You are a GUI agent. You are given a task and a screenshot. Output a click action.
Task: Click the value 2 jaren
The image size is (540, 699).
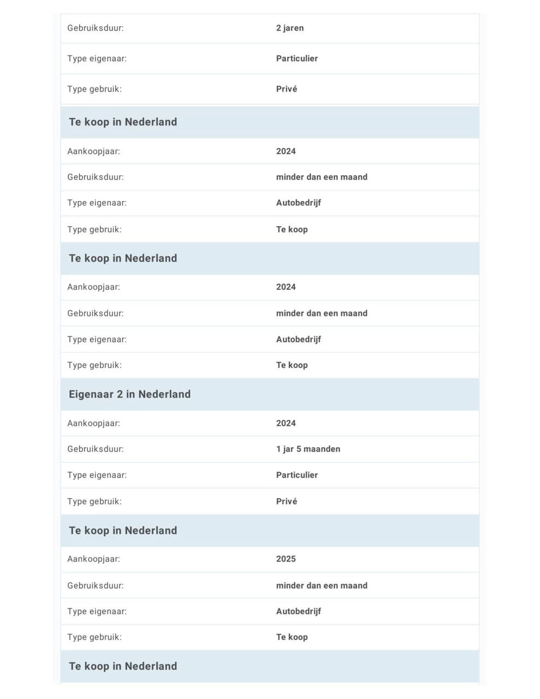[x=289, y=28]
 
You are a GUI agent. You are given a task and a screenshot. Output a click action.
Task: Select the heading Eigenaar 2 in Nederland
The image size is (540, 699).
[x=129, y=394]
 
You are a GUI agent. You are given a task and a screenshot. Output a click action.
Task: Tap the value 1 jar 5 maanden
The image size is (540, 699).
[x=308, y=449]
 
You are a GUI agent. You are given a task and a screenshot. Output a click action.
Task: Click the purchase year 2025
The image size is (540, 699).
[x=286, y=559]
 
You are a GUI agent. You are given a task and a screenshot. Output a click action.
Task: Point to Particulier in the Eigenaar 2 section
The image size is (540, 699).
[x=296, y=475]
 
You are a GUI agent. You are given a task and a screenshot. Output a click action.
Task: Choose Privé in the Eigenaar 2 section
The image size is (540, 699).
[x=286, y=501]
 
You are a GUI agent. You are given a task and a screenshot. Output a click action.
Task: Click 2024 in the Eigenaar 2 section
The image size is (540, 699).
[x=286, y=423]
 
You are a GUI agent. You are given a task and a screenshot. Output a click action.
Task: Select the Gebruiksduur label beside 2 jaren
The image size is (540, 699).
[x=96, y=28]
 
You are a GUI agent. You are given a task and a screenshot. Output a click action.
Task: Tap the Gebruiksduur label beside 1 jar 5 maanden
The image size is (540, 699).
[x=96, y=449]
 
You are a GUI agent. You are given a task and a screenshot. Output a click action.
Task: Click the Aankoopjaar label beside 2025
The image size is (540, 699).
[x=93, y=559]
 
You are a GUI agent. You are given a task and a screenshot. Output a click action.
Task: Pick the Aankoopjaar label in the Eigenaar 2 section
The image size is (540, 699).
[x=93, y=423]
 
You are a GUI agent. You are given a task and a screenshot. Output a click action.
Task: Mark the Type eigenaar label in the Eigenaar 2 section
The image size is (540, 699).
[x=97, y=475]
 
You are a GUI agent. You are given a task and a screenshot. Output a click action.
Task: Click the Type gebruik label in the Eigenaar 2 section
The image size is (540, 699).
[x=94, y=501]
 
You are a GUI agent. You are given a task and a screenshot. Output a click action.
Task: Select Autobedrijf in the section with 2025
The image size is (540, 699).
[x=298, y=611]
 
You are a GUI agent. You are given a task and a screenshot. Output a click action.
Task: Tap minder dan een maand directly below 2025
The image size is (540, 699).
[x=322, y=585]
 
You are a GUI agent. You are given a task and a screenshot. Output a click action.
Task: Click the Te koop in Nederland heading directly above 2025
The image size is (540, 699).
[x=123, y=530]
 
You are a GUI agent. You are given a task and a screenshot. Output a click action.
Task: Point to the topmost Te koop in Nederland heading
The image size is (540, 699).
[x=123, y=122]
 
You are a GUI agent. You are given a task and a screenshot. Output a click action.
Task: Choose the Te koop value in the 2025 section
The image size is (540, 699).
[x=292, y=637]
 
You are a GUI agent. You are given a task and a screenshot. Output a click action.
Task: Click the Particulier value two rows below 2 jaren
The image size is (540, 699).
[x=296, y=58]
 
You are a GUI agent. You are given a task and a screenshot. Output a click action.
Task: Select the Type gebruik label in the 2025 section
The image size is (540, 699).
[x=94, y=637]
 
